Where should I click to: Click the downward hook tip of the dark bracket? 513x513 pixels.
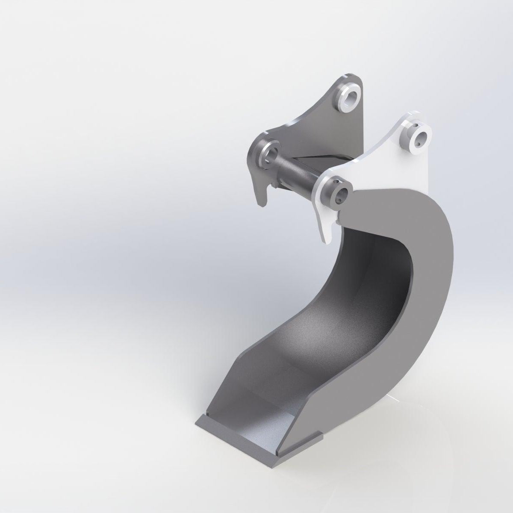pyautogui.click(x=262, y=201)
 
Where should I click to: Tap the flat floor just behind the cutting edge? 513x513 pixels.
pyautogui.click(x=256, y=410)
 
